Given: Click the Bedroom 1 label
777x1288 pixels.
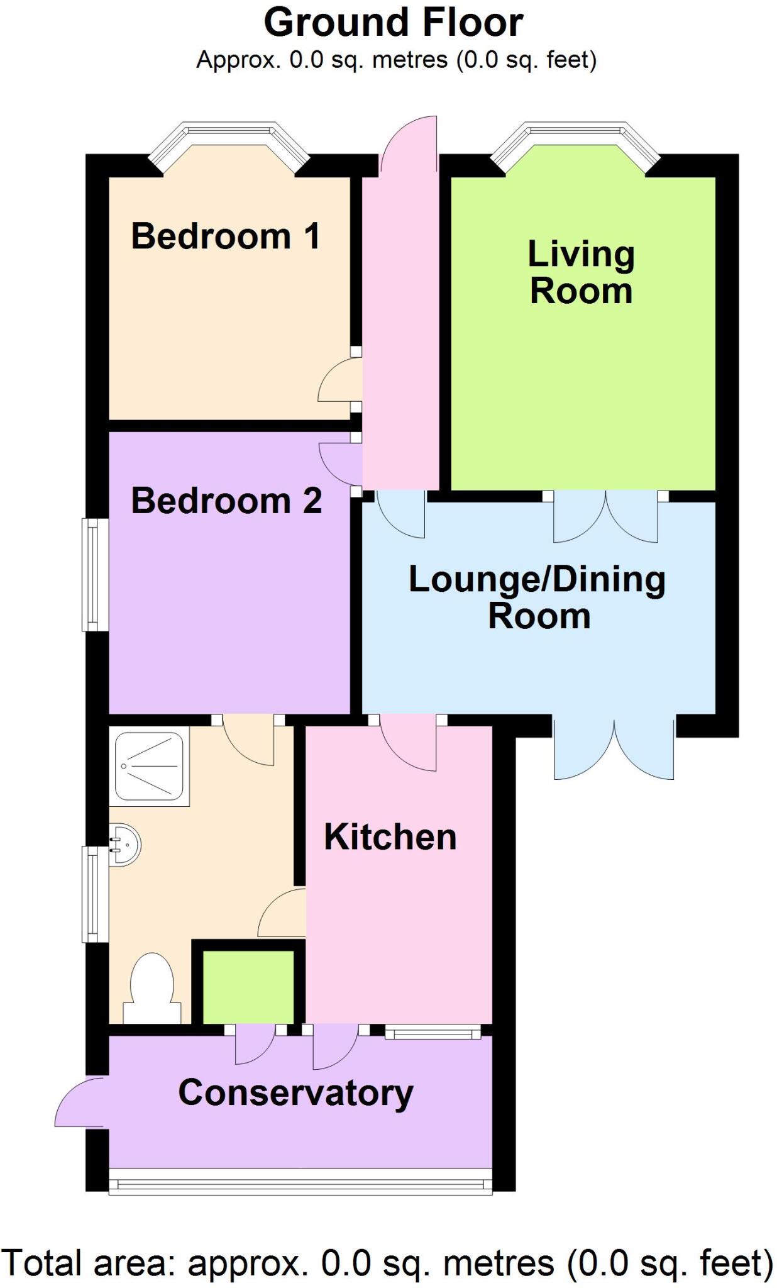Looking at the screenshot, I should [x=226, y=236].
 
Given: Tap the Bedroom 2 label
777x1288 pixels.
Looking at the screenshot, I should [x=226, y=501].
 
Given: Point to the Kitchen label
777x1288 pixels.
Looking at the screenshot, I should [x=390, y=837].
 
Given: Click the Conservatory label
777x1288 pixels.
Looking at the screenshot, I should [x=295, y=1092].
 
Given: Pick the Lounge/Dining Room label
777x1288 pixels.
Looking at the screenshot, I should [x=537, y=597].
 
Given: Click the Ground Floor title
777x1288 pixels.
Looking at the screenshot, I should [x=393, y=23].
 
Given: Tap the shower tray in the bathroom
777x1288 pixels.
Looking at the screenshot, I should [x=150, y=767].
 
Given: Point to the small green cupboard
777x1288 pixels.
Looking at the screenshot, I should [x=248, y=986].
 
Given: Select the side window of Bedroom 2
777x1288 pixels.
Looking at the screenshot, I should [x=92, y=574].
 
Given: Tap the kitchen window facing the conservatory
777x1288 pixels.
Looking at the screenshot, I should [x=433, y=1032].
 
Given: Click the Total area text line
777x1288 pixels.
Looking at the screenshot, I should [x=387, y=1262].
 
